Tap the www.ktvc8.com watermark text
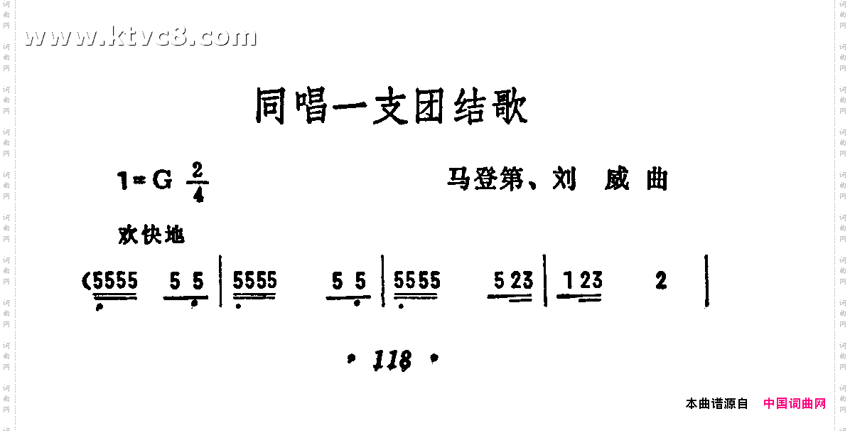140,36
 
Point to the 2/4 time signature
196,182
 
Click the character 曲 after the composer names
657,179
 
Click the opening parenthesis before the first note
87,282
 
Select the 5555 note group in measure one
115,283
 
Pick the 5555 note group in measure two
255,283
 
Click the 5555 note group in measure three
417,282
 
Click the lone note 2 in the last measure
662,282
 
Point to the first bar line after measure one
220,282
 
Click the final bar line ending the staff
707,282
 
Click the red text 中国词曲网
795,404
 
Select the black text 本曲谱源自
716,404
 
